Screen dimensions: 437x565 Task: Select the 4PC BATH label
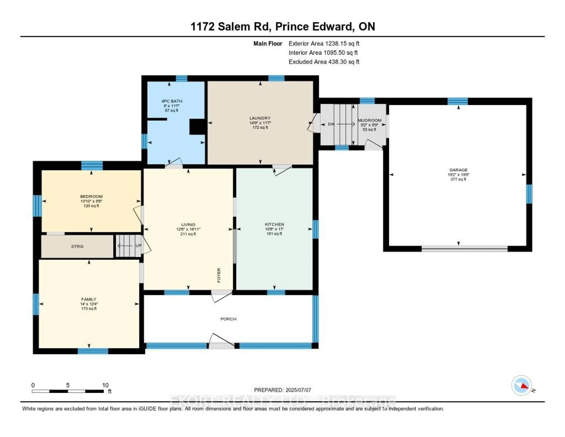(x=172, y=101)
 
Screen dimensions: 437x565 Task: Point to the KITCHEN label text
(x=274, y=224)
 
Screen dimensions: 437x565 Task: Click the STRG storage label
(x=77, y=246)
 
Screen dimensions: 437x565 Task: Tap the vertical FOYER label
(x=219, y=275)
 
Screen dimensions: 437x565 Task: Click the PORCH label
(x=228, y=319)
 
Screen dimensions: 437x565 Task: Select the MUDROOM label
(x=369, y=120)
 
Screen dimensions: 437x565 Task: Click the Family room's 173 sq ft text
(x=89, y=309)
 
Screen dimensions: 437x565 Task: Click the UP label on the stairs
(x=139, y=245)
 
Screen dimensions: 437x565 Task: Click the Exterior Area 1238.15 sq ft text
(x=324, y=43)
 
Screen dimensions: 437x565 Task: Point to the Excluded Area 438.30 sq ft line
(x=324, y=62)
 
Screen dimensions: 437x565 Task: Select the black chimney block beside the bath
(x=198, y=127)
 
